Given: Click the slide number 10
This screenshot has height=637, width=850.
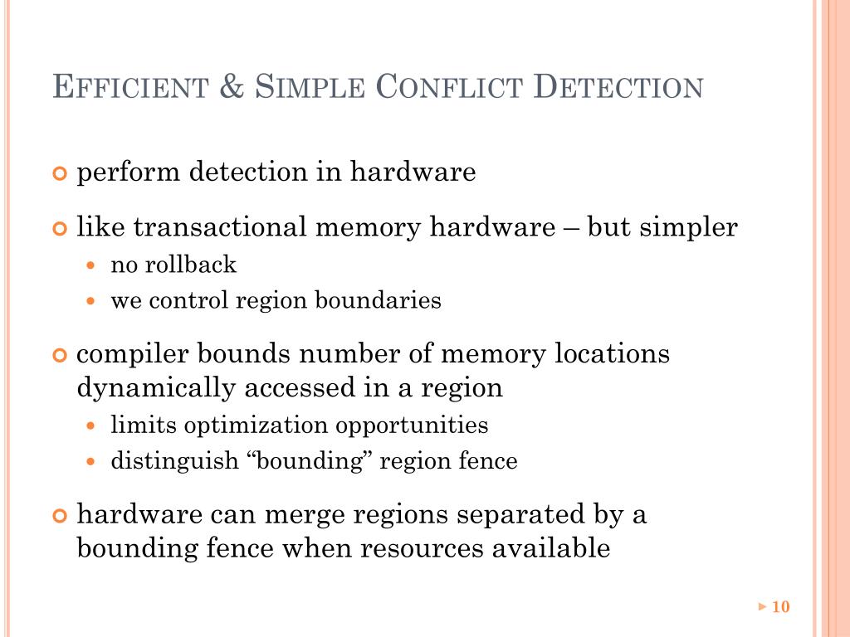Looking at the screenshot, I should [x=780, y=607].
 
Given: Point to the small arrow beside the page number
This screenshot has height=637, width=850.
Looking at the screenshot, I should [x=763, y=607].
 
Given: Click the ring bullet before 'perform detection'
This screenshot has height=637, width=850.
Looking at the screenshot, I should [x=59, y=173].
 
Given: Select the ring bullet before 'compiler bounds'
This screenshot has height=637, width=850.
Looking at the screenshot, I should [x=59, y=355].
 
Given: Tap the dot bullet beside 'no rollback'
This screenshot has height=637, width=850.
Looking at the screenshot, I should [x=92, y=266].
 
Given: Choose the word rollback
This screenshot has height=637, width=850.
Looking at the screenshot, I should [x=191, y=265].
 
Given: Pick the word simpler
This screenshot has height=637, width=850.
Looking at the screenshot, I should [x=687, y=228].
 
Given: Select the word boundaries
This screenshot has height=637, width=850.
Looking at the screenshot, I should [x=378, y=300].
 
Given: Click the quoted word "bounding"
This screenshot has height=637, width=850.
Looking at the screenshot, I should [x=309, y=461].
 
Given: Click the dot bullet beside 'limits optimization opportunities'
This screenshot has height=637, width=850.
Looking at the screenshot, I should [x=92, y=426].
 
